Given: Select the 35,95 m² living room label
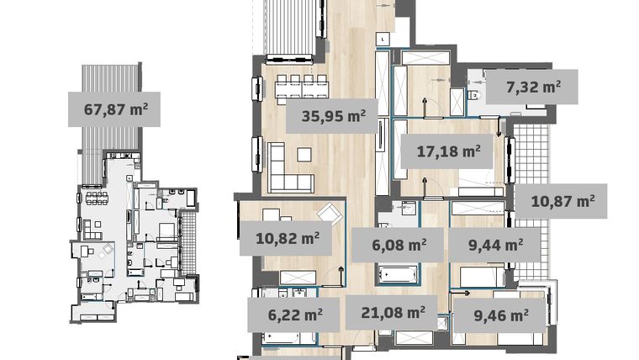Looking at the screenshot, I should [331, 116].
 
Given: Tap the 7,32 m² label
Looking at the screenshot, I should [532, 87].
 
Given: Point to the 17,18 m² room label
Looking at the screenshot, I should [449, 151].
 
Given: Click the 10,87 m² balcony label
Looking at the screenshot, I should [562, 201].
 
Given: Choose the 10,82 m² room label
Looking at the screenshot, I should [287, 239].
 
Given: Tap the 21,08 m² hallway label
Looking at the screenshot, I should [391, 313].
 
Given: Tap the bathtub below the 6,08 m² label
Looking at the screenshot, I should [399, 274].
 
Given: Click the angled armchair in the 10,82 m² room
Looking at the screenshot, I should [330, 214].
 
